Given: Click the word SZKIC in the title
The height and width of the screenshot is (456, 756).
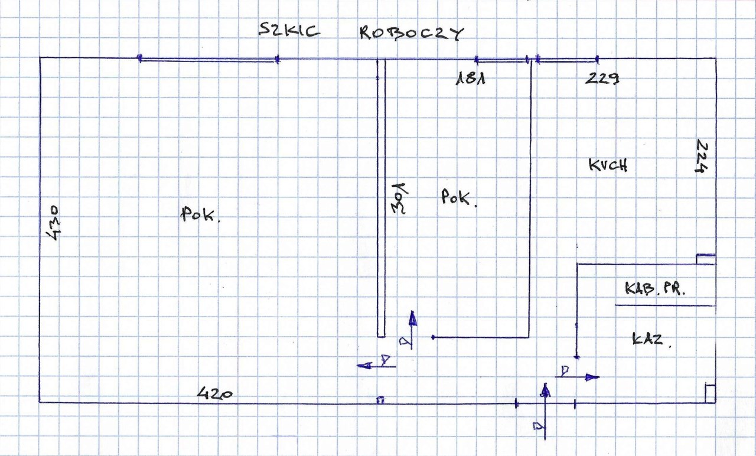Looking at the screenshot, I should pyautogui.click(x=289, y=31).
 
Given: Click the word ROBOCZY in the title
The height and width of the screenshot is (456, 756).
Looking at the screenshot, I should pyautogui.click(x=412, y=34).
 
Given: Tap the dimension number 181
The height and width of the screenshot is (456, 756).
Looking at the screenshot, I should pyautogui.click(x=470, y=79).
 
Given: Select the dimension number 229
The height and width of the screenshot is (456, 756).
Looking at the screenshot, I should pyautogui.click(x=602, y=79).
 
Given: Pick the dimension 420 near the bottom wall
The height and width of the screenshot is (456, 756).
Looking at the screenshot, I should pyautogui.click(x=214, y=393).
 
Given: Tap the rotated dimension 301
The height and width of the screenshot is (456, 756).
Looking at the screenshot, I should pyautogui.click(x=400, y=198).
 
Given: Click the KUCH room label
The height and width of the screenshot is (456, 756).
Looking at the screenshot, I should pyautogui.click(x=608, y=165).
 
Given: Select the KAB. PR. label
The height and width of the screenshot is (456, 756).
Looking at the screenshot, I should pyautogui.click(x=657, y=289).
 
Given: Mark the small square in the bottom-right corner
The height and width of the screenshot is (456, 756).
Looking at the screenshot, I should pyautogui.click(x=710, y=393).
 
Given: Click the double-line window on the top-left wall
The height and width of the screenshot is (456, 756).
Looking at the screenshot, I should pyautogui.click(x=208, y=58).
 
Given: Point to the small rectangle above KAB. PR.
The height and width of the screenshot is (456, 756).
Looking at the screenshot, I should pyautogui.click(x=706, y=258).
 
